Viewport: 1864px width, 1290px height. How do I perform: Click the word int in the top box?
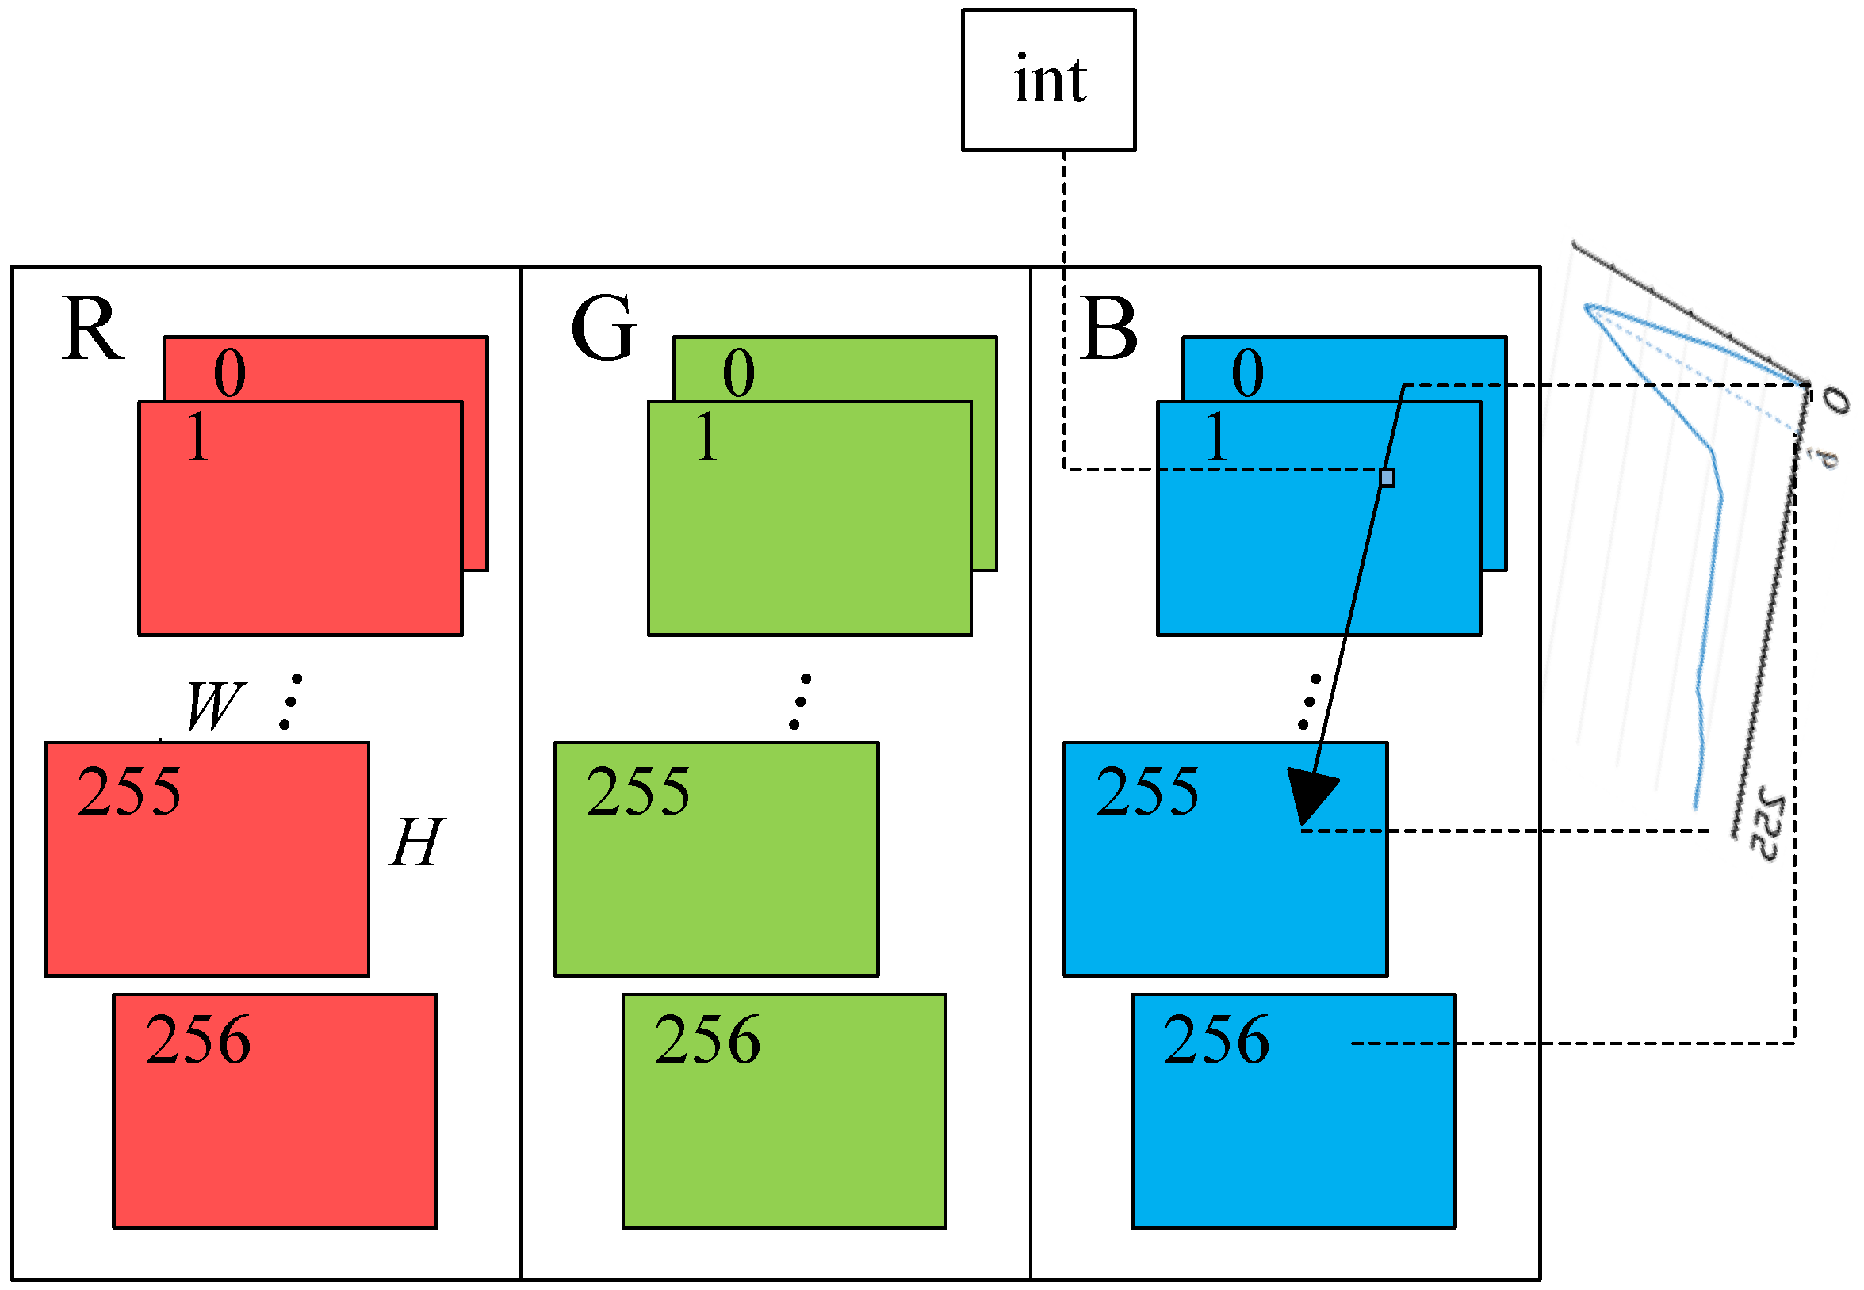coord(1050,81)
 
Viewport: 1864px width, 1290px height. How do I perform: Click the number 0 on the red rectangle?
coord(230,373)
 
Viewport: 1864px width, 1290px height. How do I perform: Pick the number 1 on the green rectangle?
coord(706,437)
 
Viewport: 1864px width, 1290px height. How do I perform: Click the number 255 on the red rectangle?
coord(129,792)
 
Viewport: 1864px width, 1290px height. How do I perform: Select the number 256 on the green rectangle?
coord(707,1040)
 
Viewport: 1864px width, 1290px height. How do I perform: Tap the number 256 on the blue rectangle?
coord(1216,1040)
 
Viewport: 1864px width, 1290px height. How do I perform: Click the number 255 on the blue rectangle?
coord(1147,792)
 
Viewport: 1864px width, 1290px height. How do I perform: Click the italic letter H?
coord(416,842)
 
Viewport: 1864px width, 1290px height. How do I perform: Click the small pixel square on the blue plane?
coord(1387,478)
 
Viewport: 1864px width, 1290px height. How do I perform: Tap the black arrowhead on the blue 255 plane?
coord(1310,796)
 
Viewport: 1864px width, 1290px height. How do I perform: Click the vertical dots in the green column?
coord(800,701)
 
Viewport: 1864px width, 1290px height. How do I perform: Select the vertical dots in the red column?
coord(291,701)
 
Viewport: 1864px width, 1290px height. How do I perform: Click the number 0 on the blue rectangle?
coord(1248,373)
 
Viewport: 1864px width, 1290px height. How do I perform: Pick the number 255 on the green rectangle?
coord(638,792)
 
